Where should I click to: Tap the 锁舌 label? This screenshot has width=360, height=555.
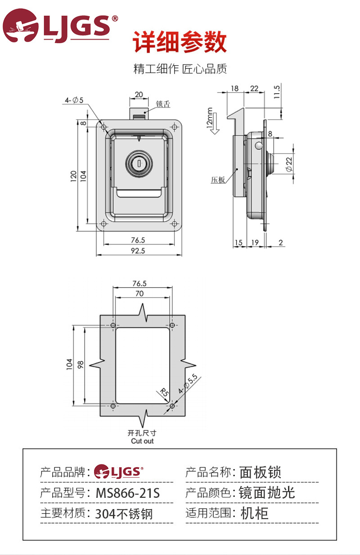pos(163,104)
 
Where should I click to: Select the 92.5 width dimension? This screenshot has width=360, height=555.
pos(138,251)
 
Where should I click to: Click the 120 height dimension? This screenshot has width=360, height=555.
pos(73,176)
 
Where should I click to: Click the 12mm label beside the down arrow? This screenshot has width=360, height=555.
pos(209,118)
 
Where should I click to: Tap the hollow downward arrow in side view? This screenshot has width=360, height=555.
pos(216,124)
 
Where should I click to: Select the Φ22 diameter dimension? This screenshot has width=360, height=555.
pos(289,164)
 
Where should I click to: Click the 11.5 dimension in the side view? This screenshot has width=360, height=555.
pos(277,92)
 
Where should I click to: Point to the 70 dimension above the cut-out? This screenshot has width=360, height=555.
pos(139,293)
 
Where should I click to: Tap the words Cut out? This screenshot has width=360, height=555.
pos(142,441)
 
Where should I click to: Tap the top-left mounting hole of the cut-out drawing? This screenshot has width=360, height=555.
pos(112,325)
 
